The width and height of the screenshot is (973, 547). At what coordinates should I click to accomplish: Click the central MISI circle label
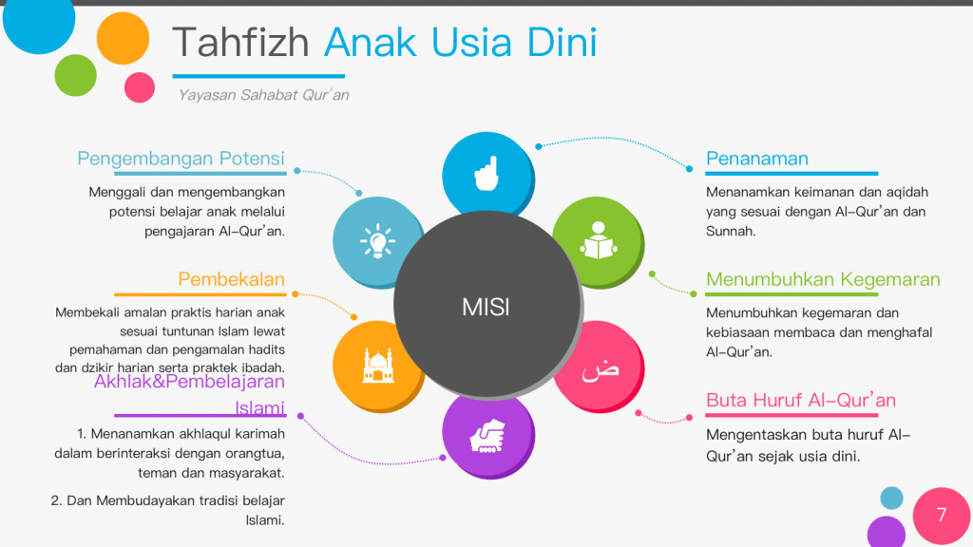point(486,307)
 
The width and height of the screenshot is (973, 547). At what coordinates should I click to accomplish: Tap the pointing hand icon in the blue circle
point(486,174)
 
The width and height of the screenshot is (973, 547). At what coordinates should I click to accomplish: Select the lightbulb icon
point(377,241)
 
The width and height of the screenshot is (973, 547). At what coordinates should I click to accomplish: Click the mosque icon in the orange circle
point(378,366)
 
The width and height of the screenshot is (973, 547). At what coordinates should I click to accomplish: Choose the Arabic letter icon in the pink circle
point(601,371)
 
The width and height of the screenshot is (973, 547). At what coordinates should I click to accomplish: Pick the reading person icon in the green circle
point(599,240)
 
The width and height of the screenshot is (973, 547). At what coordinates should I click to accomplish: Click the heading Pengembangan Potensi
point(181,159)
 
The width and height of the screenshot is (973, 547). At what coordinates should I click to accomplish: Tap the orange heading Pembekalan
point(232,280)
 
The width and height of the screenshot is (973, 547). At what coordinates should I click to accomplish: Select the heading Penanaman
point(757,159)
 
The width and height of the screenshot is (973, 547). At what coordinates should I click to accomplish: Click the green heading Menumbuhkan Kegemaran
point(823,280)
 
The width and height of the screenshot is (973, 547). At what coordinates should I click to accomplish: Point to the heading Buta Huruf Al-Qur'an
point(800,400)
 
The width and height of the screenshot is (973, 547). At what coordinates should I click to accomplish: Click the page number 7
point(942,515)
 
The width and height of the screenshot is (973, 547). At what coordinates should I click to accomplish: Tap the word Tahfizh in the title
point(240,42)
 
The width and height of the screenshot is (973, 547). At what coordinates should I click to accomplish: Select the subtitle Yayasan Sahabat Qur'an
point(263,95)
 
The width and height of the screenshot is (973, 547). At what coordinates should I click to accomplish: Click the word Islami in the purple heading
point(259,408)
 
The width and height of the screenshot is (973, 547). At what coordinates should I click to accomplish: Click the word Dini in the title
point(562,42)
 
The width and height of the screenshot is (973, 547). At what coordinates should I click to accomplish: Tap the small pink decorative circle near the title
point(140,86)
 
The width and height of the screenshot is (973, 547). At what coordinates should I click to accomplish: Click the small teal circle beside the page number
point(891,498)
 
